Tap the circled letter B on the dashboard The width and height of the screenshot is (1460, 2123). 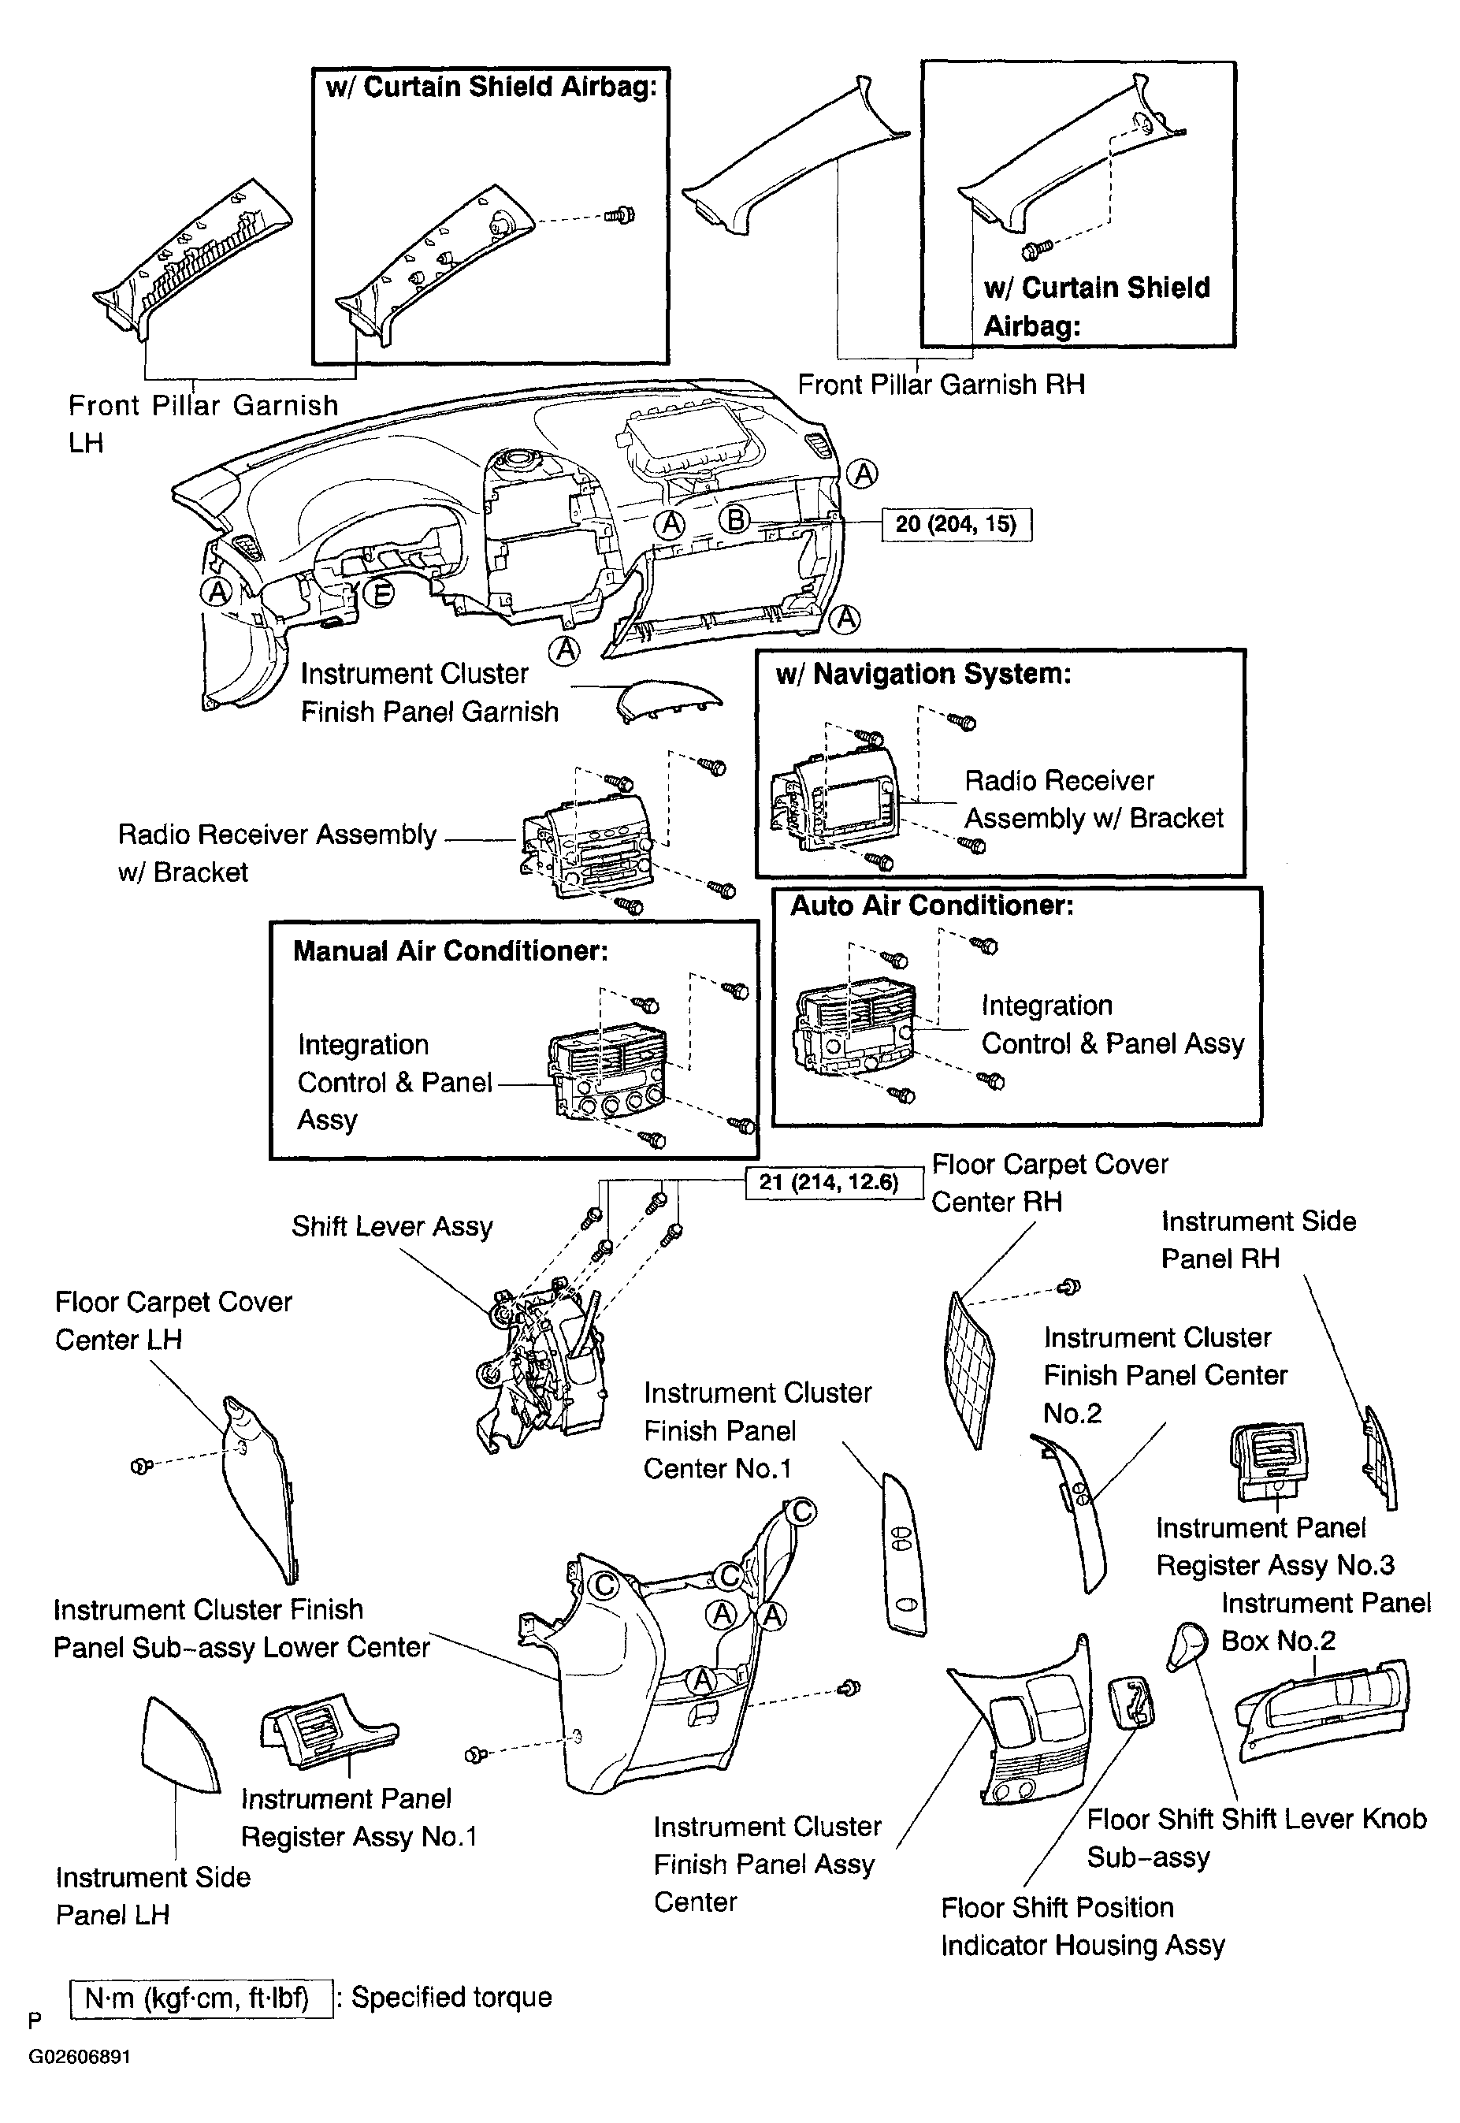tap(734, 519)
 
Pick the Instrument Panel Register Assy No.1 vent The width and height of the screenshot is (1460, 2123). tap(329, 1738)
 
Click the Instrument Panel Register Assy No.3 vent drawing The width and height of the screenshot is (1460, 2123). tap(1270, 1463)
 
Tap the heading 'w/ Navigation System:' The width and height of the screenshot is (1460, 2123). tap(923, 674)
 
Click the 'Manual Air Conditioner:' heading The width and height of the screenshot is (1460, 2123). tap(450, 951)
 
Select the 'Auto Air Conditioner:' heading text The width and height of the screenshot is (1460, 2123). tap(931, 905)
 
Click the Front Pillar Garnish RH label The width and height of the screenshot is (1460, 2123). tap(942, 384)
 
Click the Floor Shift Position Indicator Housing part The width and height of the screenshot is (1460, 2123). tap(1131, 1702)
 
